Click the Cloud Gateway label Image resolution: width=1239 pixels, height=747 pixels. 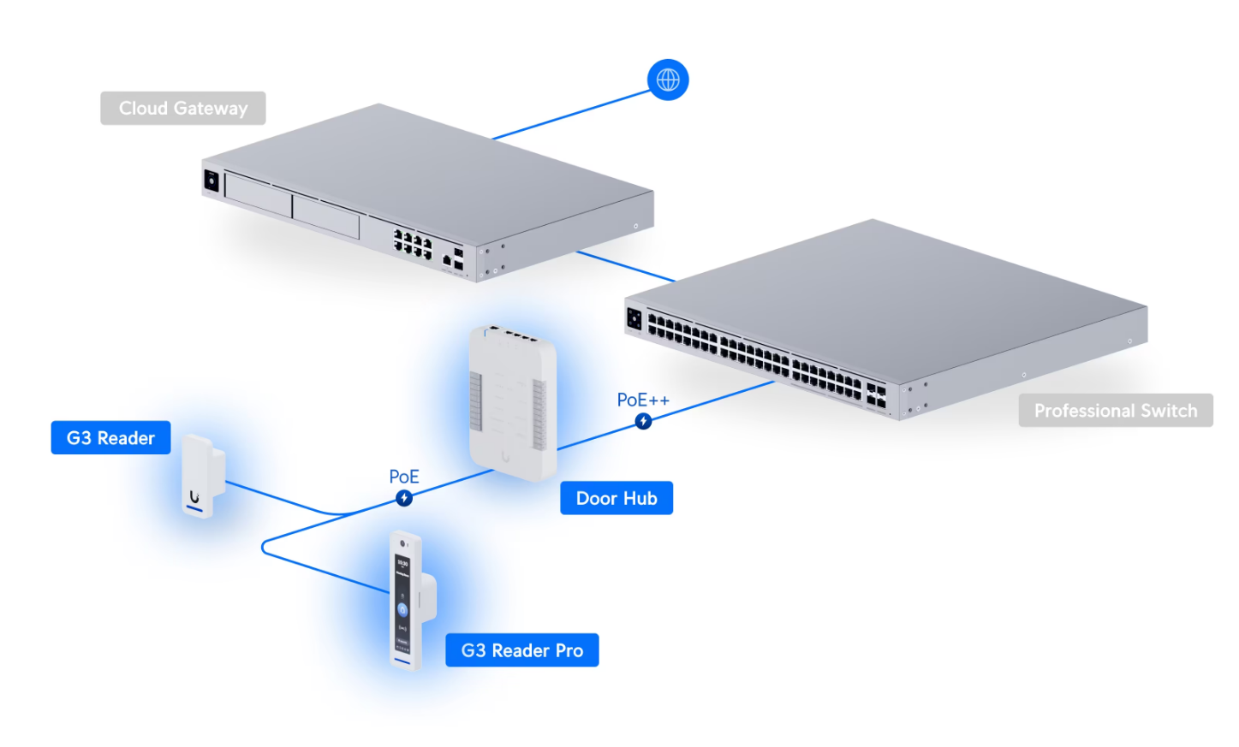[183, 108]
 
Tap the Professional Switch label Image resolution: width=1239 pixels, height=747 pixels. [1116, 410]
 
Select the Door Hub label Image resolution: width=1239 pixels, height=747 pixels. [617, 498]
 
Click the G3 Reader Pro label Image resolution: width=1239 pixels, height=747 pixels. [522, 649]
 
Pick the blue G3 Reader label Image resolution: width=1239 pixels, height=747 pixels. [110, 437]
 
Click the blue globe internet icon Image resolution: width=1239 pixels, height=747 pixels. [668, 80]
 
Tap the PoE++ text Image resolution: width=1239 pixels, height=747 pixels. [643, 400]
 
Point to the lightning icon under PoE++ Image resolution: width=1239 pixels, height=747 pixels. [643, 421]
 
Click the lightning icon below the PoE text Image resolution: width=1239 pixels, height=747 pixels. [404, 498]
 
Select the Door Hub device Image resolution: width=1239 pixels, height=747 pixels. [513, 403]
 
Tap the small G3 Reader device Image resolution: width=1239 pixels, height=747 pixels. [203, 476]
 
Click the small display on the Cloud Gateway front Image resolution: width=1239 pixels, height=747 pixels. [211, 181]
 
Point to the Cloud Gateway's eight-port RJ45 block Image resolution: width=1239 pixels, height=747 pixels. [413, 245]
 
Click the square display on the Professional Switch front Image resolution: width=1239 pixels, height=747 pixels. [634, 319]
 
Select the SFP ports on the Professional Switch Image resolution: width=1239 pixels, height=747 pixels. [876, 394]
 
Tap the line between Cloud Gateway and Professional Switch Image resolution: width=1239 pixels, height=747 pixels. [626, 266]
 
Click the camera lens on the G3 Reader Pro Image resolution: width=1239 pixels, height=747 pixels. [402, 543]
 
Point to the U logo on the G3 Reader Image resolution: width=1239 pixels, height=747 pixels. [194, 496]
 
